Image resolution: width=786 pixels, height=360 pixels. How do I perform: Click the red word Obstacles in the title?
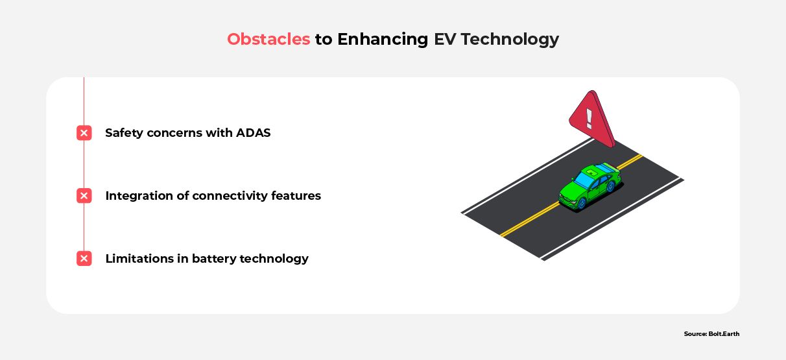tap(268, 40)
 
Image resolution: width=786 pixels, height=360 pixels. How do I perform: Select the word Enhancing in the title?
tap(383, 40)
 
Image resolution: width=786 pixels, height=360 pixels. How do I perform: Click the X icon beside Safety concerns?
tap(84, 133)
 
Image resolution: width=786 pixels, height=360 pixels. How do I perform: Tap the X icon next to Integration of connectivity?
tap(84, 196)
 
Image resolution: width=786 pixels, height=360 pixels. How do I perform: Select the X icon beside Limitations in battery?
tap(84, 259)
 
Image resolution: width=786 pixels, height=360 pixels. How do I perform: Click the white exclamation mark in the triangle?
tap(589, 118)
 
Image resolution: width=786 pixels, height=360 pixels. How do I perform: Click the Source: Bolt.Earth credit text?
tap(711, 334)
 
